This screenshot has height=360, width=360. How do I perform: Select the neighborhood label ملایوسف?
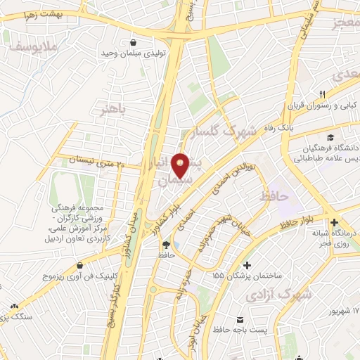tap(30, 46)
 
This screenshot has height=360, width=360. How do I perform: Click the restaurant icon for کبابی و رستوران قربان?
tap(322, 95)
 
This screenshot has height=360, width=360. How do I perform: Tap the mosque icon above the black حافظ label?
tap(166, 245)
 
